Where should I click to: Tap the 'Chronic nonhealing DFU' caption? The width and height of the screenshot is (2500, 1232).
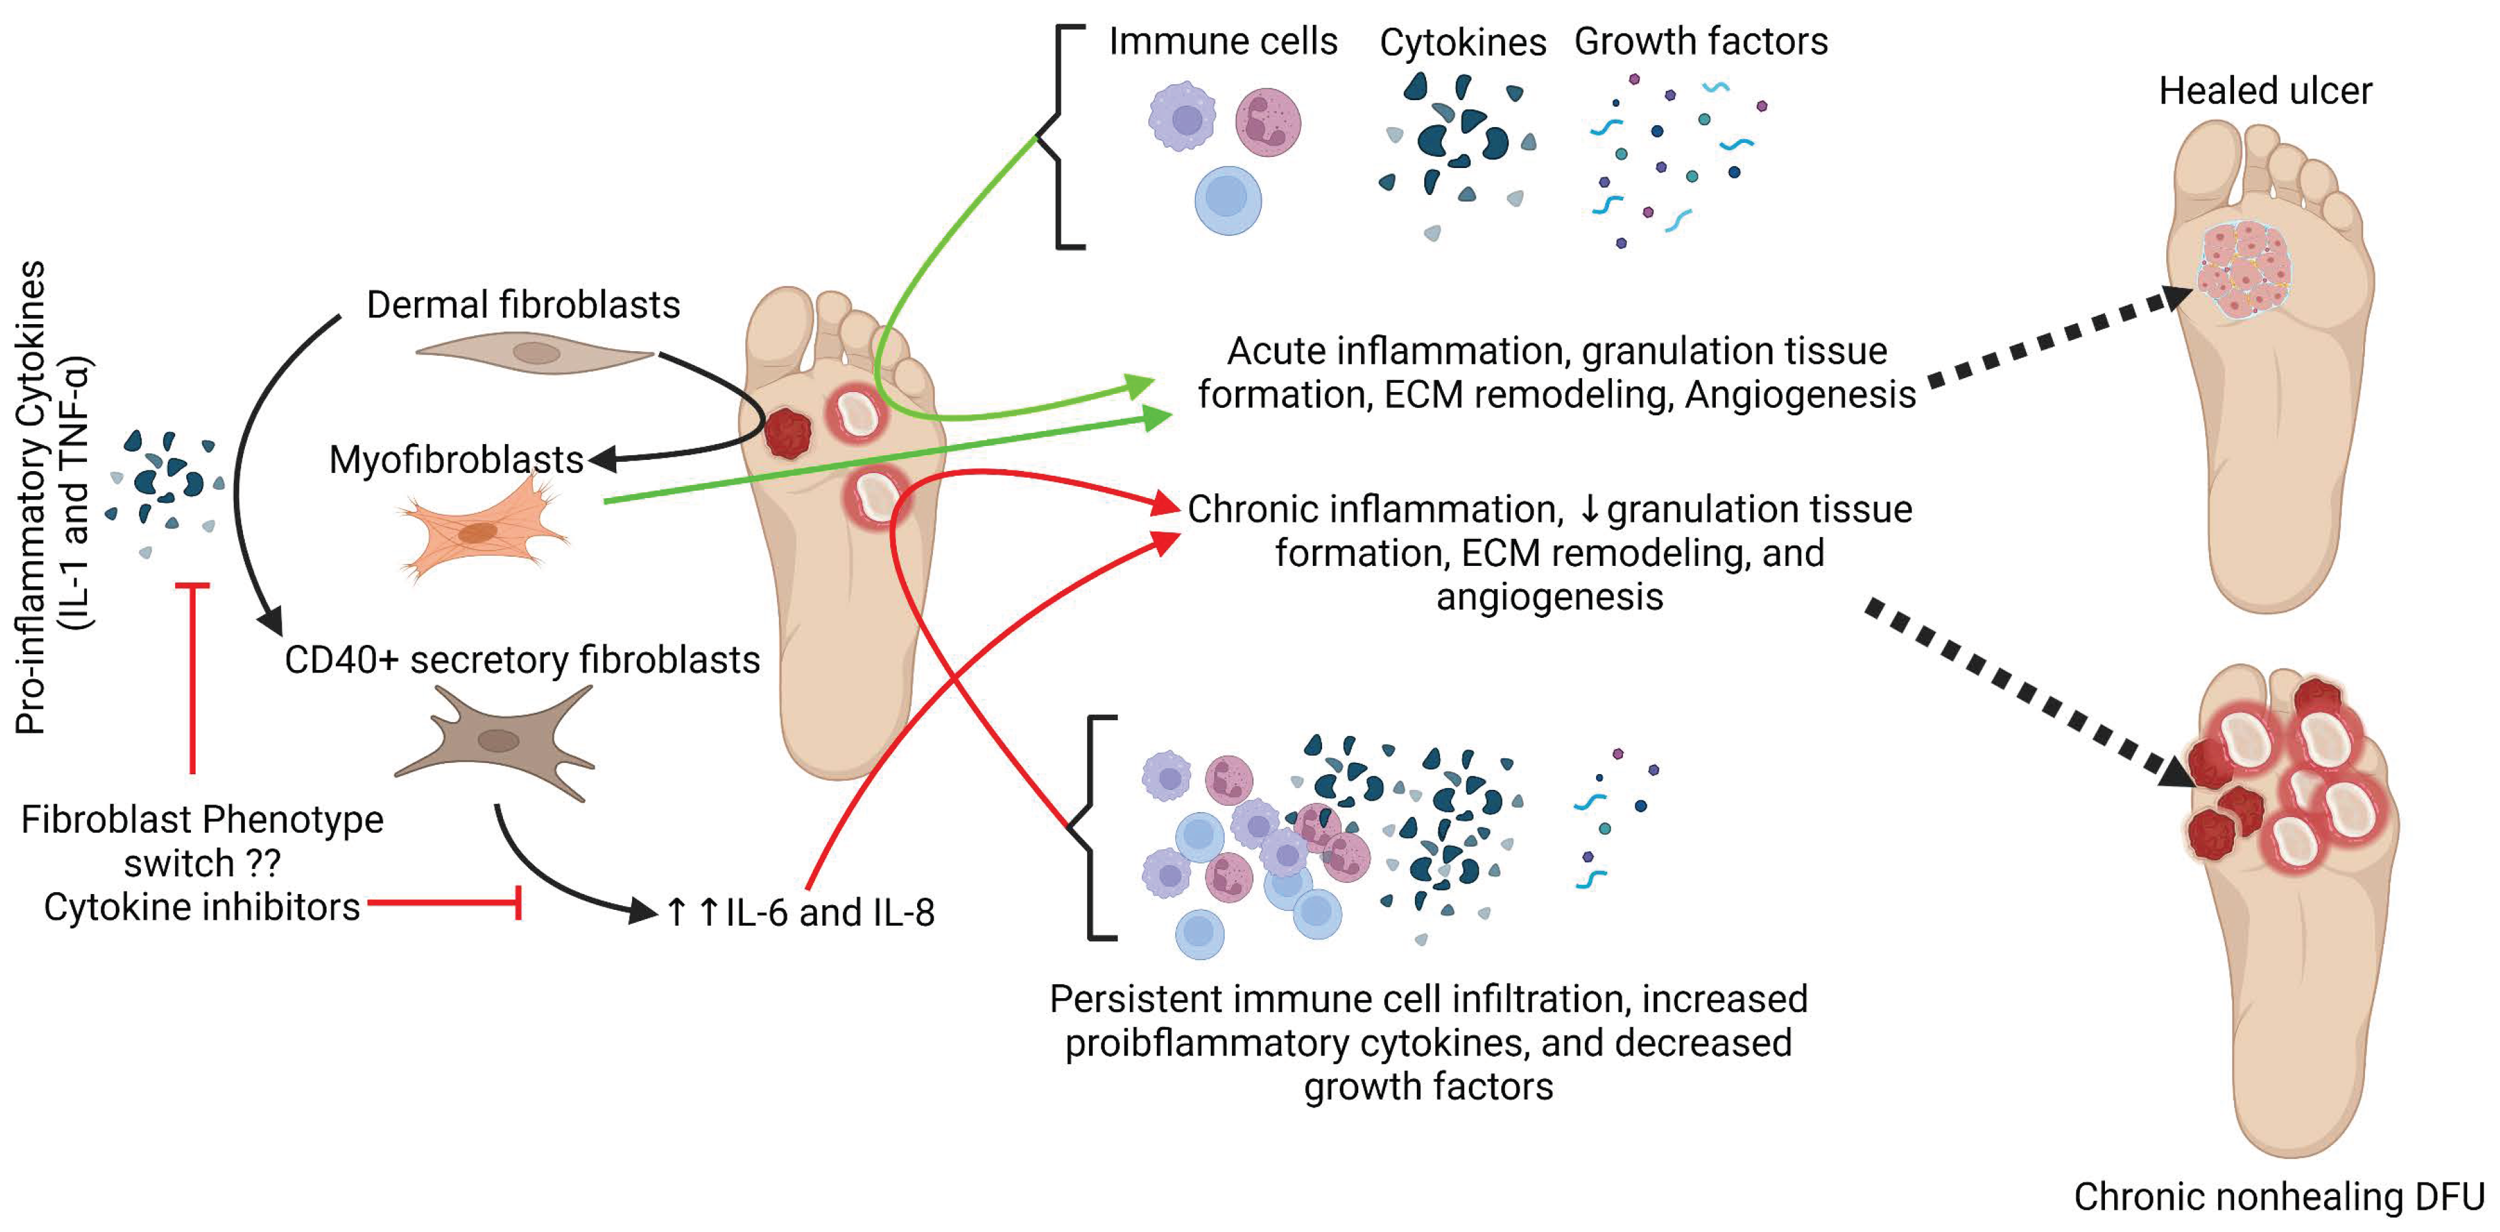click(2279, 1196)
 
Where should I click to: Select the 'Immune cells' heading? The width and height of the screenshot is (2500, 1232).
click(1223, 41)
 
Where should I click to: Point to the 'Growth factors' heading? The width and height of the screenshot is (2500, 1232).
click(1700, 41)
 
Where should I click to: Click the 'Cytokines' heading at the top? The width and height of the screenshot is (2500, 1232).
click(1462, 43)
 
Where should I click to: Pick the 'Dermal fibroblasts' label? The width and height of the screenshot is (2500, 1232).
click(523, 305)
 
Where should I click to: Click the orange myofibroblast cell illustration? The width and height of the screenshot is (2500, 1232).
click(483, 529)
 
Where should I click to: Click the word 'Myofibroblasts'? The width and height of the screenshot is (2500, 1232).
click(456, 459)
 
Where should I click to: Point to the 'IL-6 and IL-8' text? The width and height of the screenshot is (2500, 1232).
click(830, 912)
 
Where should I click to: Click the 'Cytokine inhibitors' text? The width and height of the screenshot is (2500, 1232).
click(202, 907)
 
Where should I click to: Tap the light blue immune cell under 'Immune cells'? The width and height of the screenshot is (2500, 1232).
click(1228, 201)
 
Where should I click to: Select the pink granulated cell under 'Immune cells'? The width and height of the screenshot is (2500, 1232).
click(1267, 123)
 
